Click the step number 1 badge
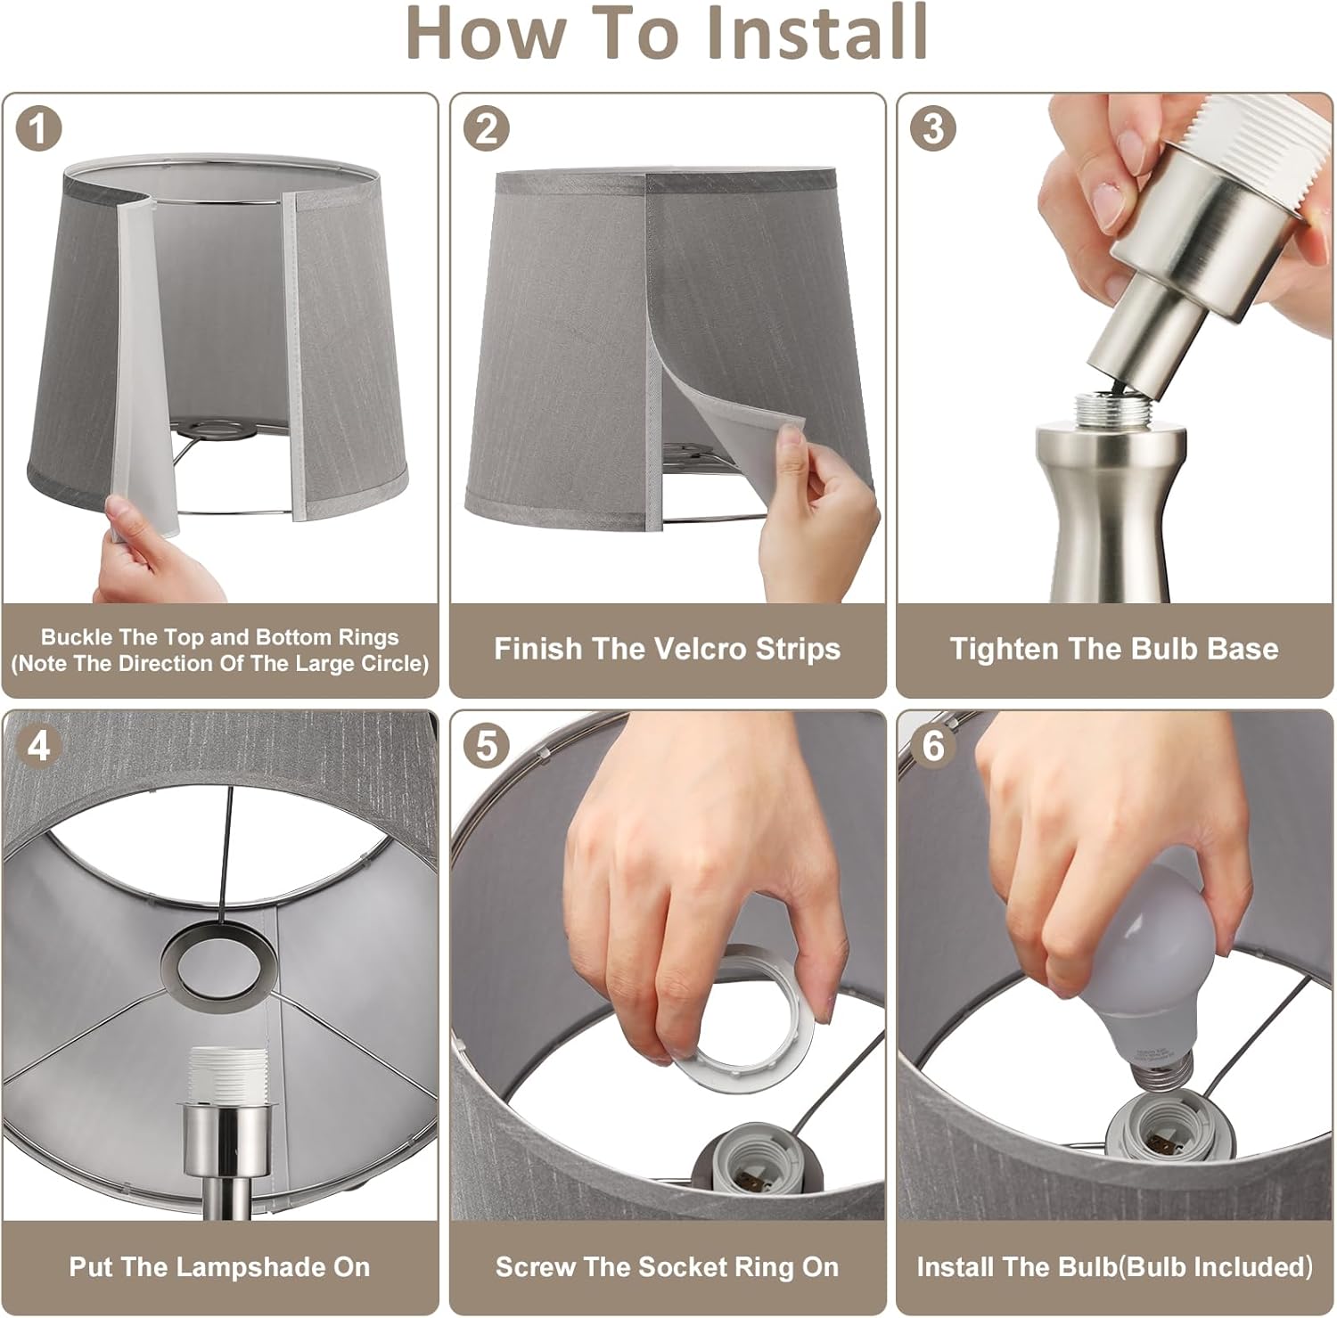40,129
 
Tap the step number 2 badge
487,129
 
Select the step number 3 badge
933,129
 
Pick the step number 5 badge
487,746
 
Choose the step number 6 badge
933,746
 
